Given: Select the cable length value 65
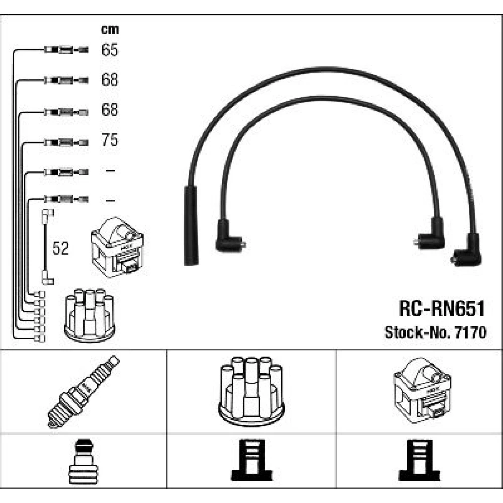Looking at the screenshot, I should [110, 50].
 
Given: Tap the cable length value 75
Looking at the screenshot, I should [110, 140].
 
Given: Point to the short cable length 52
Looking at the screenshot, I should [60, 248].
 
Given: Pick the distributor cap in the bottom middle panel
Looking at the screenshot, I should [251, 390].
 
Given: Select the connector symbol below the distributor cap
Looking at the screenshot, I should [251, 461].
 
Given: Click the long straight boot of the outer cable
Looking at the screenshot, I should [191, 225].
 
